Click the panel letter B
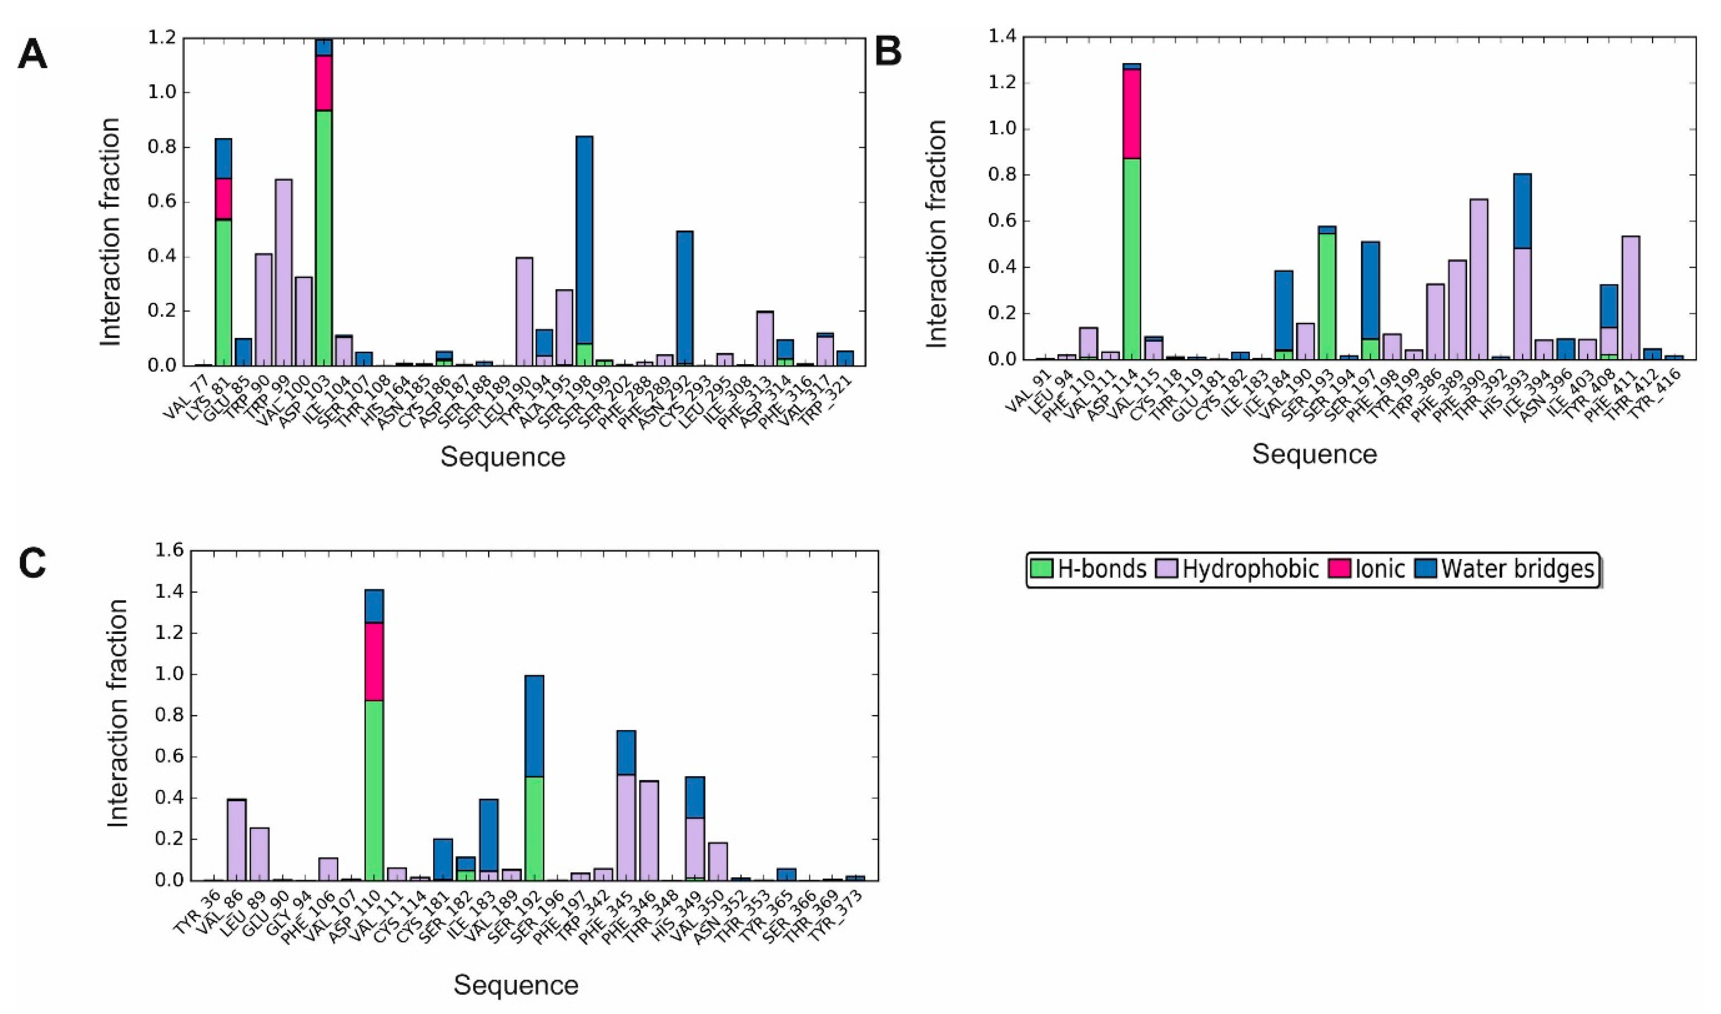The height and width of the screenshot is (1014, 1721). pos(888,51)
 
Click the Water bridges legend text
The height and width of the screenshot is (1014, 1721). pos(1517,569)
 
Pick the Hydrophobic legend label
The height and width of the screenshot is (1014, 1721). pos(1250,569)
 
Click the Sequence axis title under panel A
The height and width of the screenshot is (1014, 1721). pos(502,456)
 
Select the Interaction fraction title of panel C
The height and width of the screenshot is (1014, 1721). pos(118,714)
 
